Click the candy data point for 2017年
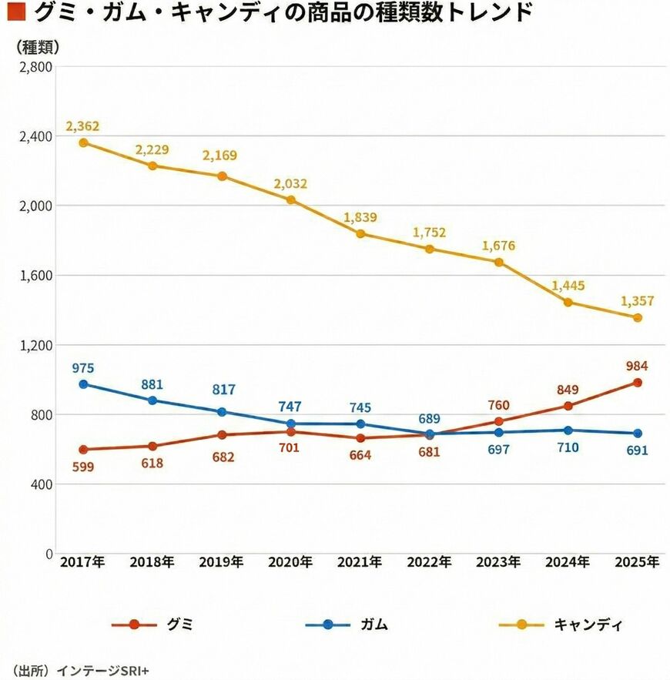pos(83,142)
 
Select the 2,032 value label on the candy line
pos(290,184)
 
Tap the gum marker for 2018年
pos(152,400)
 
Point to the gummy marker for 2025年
pos(638,382)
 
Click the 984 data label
pos(637,366)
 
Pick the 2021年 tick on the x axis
pos(360,563)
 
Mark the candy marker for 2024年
pos(568,302)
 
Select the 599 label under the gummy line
pos(83,466)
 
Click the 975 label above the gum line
pos(83,367)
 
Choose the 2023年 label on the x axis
pos(498,563)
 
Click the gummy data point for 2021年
pos(360,438)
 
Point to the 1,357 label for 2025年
pos(637,301)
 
